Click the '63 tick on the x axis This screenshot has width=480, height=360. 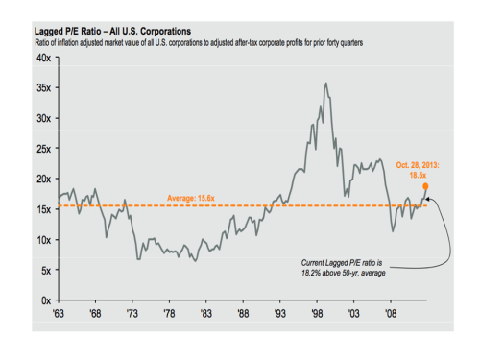coord(60,313)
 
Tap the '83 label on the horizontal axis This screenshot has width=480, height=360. coord(206,313)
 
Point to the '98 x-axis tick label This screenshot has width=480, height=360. coord(317,313)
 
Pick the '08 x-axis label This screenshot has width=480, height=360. coord(391,313)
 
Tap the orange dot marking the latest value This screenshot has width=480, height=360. coord(425,187)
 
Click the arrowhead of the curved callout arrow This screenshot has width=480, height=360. coord(428,199)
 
